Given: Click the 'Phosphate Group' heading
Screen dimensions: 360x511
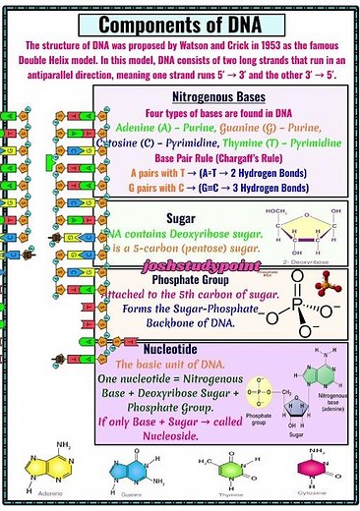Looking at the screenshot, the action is coord(178,277).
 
